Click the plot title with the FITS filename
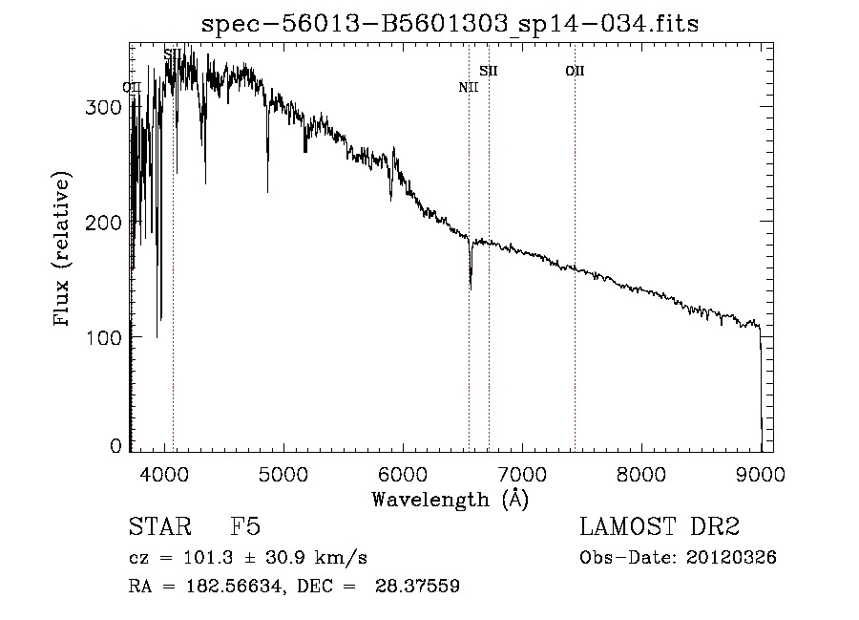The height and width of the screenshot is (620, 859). tap(450, 25)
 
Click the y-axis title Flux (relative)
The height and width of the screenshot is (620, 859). tap(64, 250)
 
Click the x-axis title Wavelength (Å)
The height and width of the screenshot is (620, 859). tap(450, 499)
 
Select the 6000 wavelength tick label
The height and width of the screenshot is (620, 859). tap(402, 473)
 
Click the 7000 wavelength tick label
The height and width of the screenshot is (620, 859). tap(521, 473)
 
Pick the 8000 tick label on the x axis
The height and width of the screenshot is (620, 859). tap(640, 473)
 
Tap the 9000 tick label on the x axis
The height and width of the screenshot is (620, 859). tap(760, 473)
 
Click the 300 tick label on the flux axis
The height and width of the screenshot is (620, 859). tap(105, 107)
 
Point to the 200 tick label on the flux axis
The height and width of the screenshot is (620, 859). tap(105, 222)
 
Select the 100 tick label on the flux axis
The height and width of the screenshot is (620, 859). tap(105, 336)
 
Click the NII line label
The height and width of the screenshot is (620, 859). tap(468, 88)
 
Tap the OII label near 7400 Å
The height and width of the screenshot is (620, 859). tap(575, 71)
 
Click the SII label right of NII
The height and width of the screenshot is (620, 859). tap(489, 71)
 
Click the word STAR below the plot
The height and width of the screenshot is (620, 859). tap(158, 527)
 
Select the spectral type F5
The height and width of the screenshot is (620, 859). tap(245, 527)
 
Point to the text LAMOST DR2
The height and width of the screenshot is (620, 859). tap(660, 527)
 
